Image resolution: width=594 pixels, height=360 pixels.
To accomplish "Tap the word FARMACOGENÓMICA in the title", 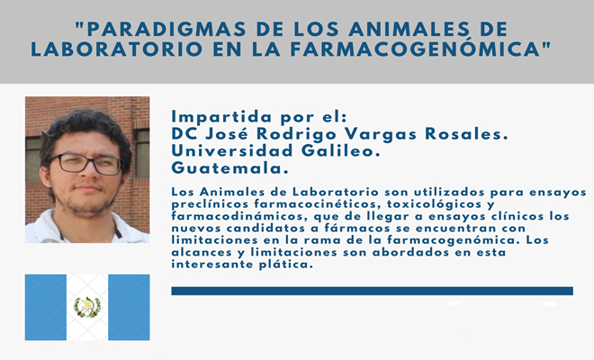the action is click(x=415, y=49).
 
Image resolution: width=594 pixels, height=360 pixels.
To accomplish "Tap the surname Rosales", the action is click(x=466, y=134).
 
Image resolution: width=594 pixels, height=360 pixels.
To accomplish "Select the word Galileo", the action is click(x=340, y=151).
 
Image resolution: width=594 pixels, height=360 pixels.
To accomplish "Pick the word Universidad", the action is click(x=232, y=151).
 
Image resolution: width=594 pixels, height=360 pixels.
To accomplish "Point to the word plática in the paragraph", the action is click(x=286, y=265).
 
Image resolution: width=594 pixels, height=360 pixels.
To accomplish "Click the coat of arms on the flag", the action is click(x=87, y=307).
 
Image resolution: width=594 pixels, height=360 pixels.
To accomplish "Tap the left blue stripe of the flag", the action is click(x=46, y=307).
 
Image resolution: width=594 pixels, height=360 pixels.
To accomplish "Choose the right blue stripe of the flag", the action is click(x=129, y=307).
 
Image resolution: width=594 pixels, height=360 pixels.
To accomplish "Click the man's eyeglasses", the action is click(x=87, y=164).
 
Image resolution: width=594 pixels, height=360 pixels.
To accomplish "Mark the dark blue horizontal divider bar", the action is click(x=372, y=291).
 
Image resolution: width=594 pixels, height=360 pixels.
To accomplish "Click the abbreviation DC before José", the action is click(x=184, y=134).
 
